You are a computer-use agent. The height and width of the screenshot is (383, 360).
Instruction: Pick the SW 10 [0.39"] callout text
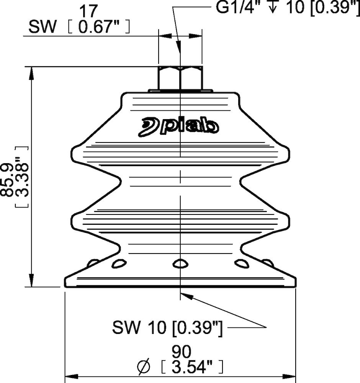click(167, 327)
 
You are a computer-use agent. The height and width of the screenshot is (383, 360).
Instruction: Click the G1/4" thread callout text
click(240, 8)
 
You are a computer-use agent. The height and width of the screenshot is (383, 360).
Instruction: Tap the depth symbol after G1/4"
click(273, 8)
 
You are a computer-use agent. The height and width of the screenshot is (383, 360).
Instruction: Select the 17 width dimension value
click(89, 10)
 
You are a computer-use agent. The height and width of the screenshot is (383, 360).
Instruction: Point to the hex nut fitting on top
click(180, 78)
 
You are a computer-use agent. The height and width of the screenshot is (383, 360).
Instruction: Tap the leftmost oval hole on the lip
click(93, 263)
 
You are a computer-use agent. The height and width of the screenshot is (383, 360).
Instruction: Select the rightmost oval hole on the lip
click(267, 263)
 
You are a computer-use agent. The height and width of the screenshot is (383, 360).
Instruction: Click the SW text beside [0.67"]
click(39, 27)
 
